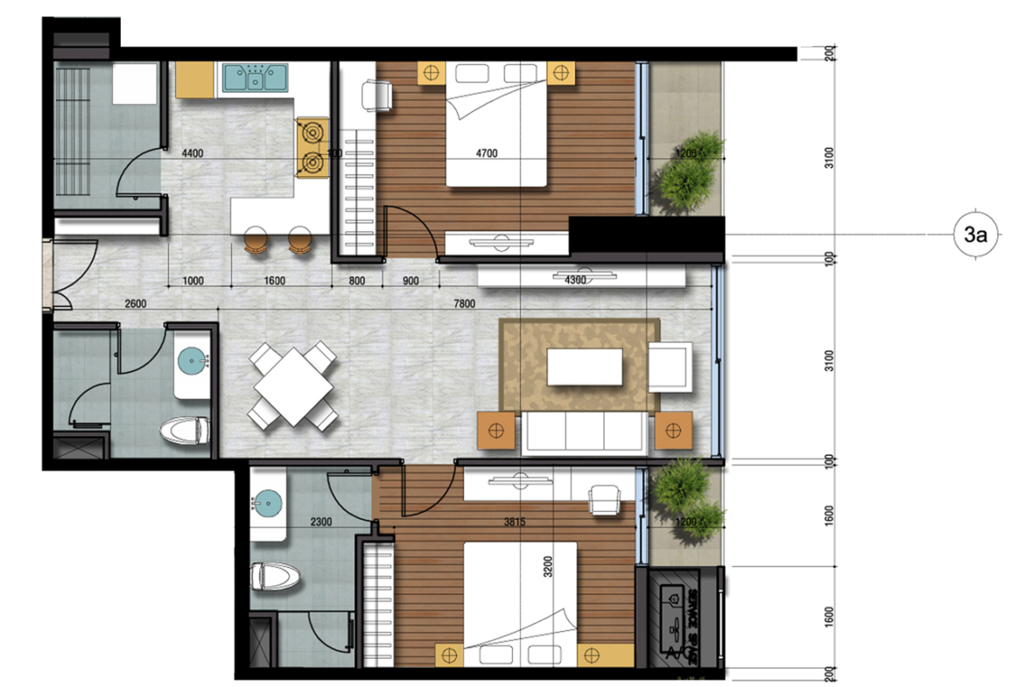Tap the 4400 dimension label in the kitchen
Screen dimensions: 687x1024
pyautogui.click(x=193, y=154)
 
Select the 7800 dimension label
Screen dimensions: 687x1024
pyautogui.click(x=465, y=304)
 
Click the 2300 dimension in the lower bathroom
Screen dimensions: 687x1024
pyautogui.click(x=321, y=522)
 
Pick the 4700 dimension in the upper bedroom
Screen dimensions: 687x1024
pyautogui.click(x=487, y=154)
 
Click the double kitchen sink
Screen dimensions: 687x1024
pyautogui.click(x=255, y=77)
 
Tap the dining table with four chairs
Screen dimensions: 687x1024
pyautogui.click(x=293, y=385)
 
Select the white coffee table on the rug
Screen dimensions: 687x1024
pyautogui.click(x=585, y=367)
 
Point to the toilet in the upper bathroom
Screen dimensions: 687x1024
pyautogui.click(x=186, y=431)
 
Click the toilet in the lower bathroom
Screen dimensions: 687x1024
pyautogui.click(x=275, y=578)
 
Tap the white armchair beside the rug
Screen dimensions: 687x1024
pyautogui.click(x=670, y=367)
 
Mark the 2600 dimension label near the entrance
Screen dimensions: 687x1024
pyautogui.click(x=135, y=304)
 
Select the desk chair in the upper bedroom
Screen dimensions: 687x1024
pyautogui.click(x=378, y=94)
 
